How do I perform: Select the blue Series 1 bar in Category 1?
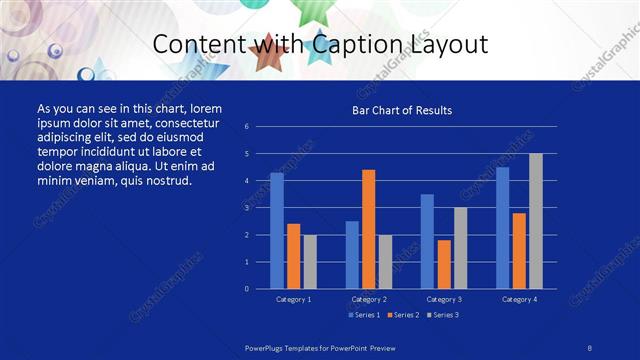click(x=277, y=231)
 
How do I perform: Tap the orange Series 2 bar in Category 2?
click(x=368, y=229)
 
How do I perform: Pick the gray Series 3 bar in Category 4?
click(x=536, y=221)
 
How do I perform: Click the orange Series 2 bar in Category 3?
click(x=444, y=264)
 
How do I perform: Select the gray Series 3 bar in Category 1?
click(x=310, y=261)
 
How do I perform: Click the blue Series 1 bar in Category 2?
click(x=352, y=254)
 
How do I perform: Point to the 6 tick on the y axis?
click(x=246, y=127)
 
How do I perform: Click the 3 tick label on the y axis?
click(x=246, y=208)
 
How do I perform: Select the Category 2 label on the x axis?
click(x=369, y=299)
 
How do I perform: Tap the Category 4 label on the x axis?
click(x=519, y=299)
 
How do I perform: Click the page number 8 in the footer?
click(x=590, y=346)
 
